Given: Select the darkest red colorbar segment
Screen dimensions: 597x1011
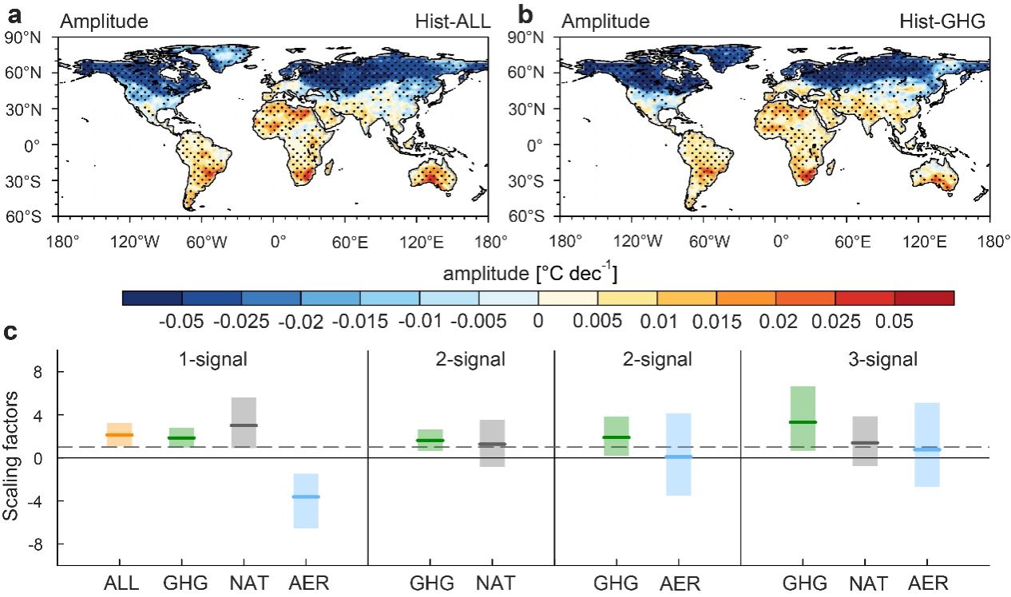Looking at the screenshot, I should [924, 298].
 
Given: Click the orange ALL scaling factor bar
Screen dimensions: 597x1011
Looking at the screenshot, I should [119, 434].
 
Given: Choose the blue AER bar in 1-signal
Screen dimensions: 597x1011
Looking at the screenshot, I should [306, 500].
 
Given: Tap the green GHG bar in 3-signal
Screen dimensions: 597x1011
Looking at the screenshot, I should [803, 418].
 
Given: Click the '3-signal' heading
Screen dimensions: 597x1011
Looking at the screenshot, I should [882, 359].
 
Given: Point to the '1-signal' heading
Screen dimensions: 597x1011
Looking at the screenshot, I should [212, 359].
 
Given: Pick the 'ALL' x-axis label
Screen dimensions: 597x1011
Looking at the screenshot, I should [120, 583].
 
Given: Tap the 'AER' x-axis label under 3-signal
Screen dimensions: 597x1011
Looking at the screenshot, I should [927, 583].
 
